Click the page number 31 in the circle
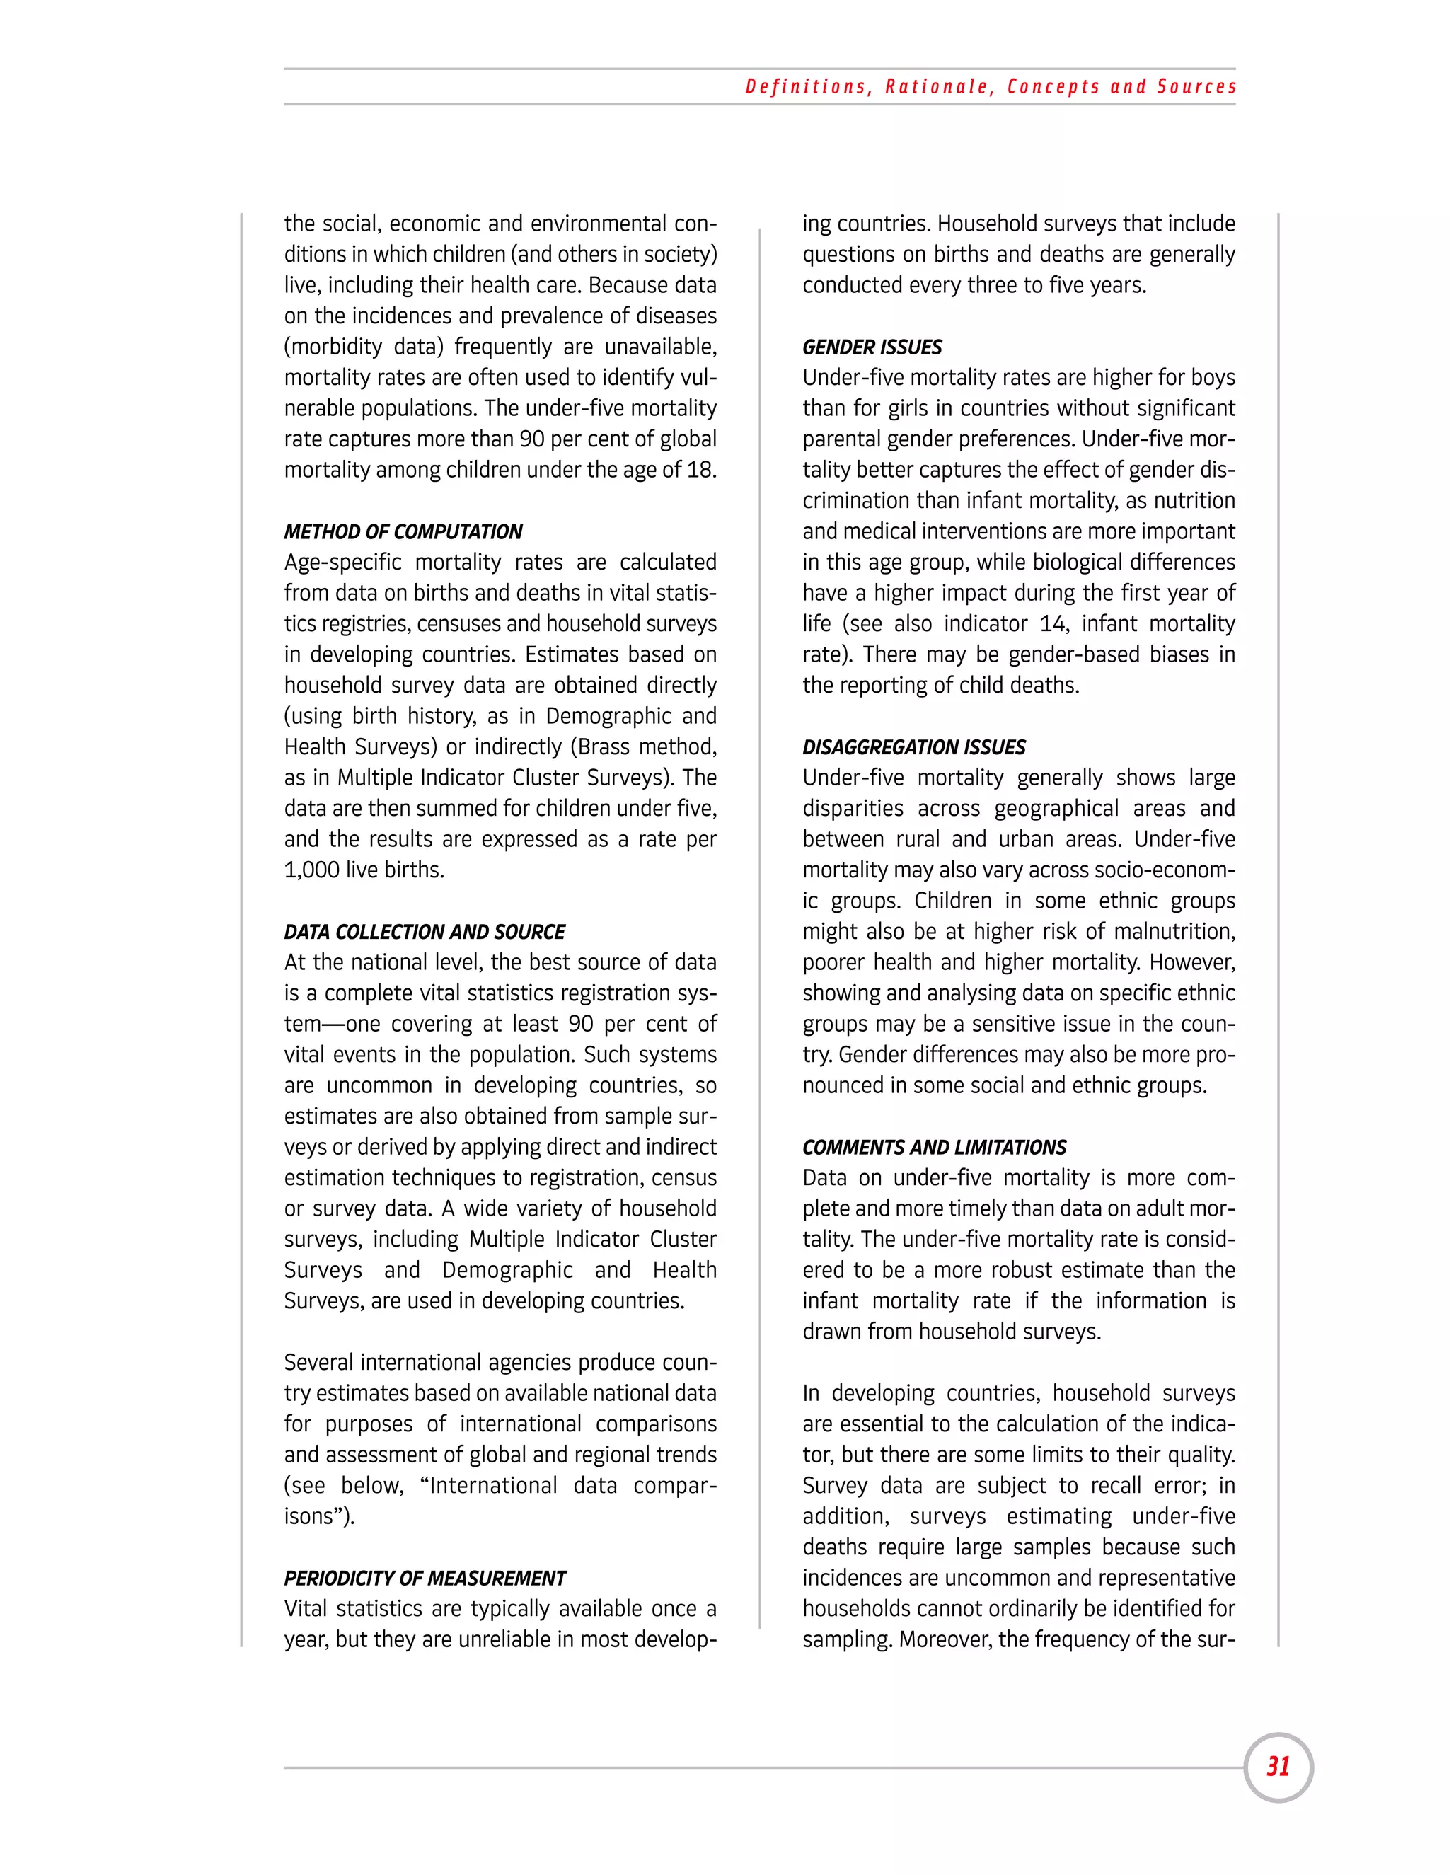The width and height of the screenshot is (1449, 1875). [1278, 1767]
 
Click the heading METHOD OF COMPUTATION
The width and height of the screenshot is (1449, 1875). [403, 532]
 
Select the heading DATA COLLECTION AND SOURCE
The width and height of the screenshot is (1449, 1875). [424, 933]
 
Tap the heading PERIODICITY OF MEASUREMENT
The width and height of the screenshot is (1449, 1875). [425, 1579]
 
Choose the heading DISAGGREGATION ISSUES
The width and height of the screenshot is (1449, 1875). [913, 748]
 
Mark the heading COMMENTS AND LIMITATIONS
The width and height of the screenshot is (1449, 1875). [934, 1148]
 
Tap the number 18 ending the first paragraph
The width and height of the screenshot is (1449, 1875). [700, 471]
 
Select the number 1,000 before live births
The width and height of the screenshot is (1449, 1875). [311, 870]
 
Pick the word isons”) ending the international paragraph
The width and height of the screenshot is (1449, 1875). [318, 1516]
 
